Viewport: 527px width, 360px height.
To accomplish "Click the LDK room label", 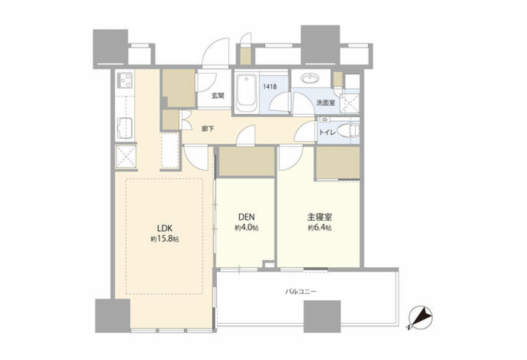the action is [x=165, y=228].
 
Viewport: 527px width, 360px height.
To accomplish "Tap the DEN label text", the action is [x=246, y=217].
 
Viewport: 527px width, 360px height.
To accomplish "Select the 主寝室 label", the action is [x=320, y=217].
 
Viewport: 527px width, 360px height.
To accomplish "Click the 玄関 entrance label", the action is [x=218, y=96].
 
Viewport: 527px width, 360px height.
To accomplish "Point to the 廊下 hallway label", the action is [x=208, y=129].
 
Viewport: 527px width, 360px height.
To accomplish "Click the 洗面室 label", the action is [x=325, y=103].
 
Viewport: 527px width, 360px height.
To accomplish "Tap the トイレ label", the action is [x=327, y=133].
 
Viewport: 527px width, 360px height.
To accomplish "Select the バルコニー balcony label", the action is [x=301, y=292].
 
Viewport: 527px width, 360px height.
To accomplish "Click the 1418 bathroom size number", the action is [x=270, y=86].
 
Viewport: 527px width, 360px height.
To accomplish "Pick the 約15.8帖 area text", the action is [x=165, y=239].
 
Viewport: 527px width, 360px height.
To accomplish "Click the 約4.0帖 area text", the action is [x=246, y=227].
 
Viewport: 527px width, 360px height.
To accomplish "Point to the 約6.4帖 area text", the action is [x=320, y=227].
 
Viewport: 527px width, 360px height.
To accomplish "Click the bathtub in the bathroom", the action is [x=246, y=93].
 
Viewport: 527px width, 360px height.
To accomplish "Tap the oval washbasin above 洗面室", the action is [x=310, y=78].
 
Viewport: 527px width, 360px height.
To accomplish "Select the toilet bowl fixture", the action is [x=348, y=131].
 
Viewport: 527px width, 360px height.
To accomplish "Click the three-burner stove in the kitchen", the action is [x=125, y=80].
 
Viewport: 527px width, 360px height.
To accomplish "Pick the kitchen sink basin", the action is [x=125, y=128].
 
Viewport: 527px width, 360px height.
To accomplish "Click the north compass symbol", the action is [x=421, y=317].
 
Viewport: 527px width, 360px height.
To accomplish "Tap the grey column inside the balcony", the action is [x=322, y=317].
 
